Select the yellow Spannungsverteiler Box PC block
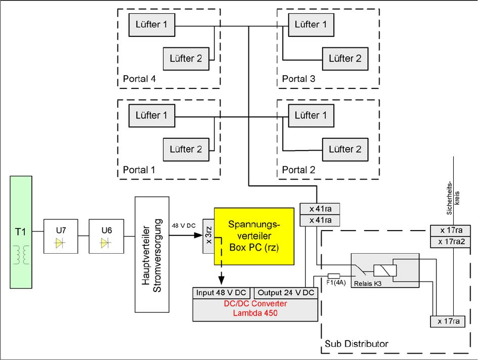click(254, 235)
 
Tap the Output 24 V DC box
click(285, 293)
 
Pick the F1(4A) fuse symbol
click(334, 276)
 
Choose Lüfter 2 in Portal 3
click(345, 58)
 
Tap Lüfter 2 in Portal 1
click(186, 149)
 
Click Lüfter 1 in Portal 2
click(311, 115)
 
